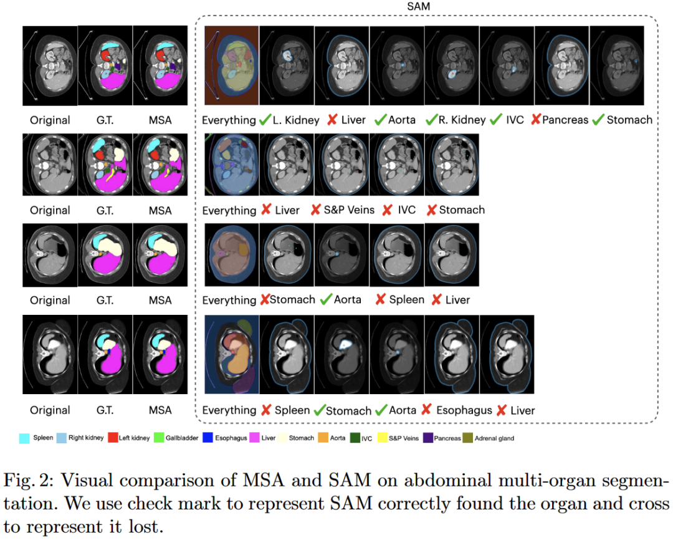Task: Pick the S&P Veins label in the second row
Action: (349, 210)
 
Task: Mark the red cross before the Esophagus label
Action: (427, 410)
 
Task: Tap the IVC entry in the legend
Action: (366, 438)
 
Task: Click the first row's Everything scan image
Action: (231, 65)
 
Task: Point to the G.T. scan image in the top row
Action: (105, 65)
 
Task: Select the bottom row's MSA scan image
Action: (160, 355)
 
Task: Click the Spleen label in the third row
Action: (406, 300)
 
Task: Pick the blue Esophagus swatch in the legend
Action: (208, 438)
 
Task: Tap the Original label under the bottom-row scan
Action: (50, 410)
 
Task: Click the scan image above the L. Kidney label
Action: (287, 65)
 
